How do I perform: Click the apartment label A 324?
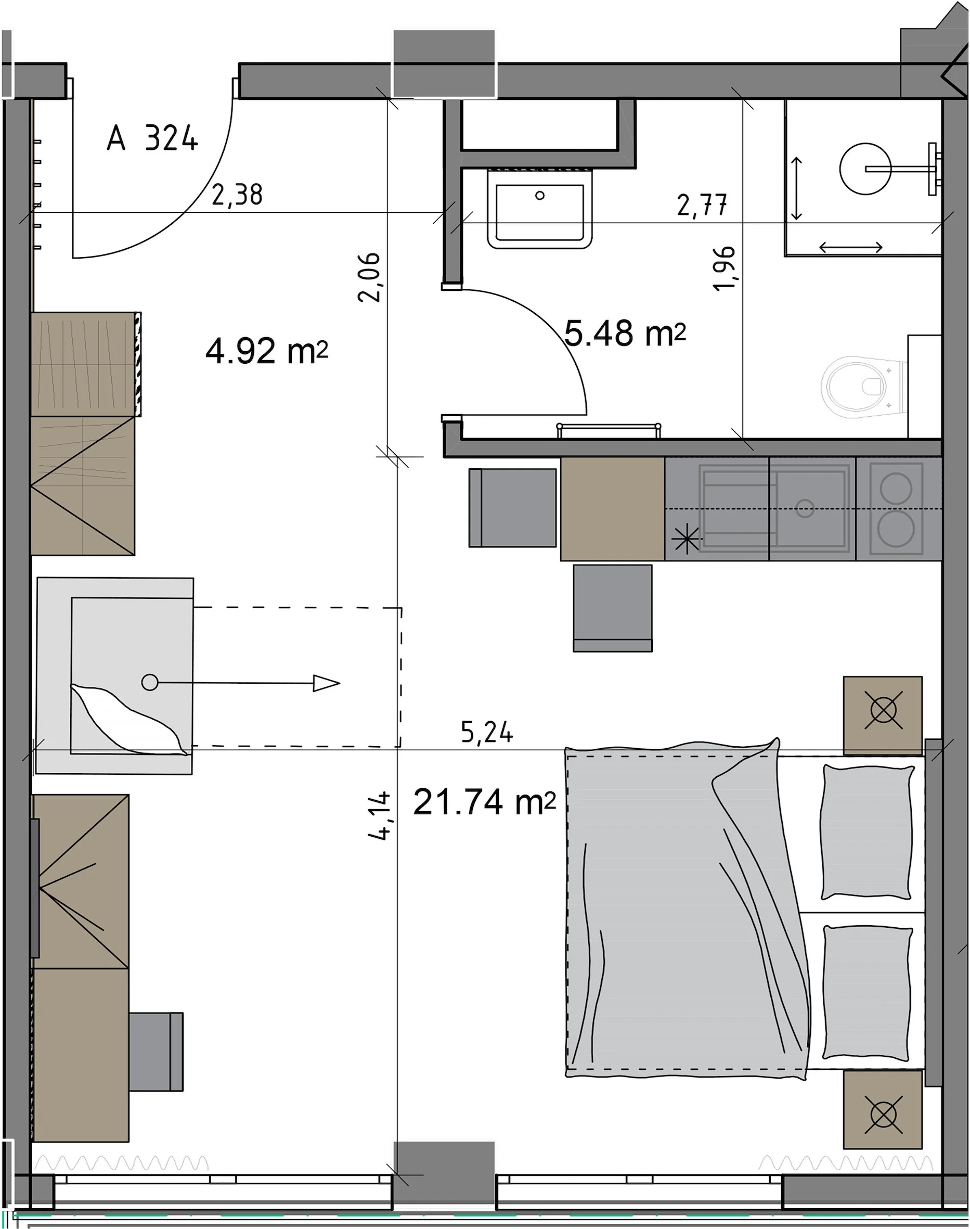(152, 138)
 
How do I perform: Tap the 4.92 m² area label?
(267, 351)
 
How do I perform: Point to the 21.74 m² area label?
(484, 802)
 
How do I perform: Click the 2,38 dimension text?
(237, 196)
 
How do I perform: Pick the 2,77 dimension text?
(702, 205)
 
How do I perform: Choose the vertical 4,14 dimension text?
(379, 815)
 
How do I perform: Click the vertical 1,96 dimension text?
(724, 269)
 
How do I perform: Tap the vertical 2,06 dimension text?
(369, 277)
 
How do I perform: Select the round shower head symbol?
(865, 169)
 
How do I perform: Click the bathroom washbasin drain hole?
(539, 196)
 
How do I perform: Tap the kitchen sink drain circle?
(805, 508)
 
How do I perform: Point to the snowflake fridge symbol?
(686, 540)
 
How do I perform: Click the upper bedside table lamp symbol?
(883, 710)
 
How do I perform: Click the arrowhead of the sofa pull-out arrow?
(327, 683)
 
